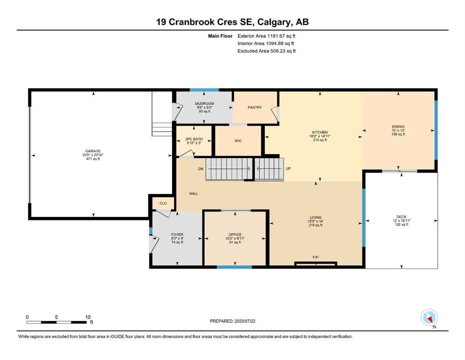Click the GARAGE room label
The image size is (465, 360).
click(x=93, y=151)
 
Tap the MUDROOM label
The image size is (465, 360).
click(x=204, y=103)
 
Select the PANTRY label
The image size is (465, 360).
click(x=255, y=107)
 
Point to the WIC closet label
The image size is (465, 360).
click(x=237, y=141)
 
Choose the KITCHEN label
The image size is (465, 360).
click(x=320, y=132)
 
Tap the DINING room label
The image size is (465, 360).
click(x=398, y=126)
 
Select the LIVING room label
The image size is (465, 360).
click(x=315, y=217)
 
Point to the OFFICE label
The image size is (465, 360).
click(x=235, y=234)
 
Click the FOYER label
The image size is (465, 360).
click(x=177, y=234)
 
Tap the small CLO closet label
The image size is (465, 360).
click(x=163, y=203)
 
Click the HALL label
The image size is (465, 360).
click(x=193, y=193)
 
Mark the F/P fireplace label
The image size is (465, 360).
click(x=316, y=257)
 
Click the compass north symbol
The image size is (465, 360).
click(x=429, y=318)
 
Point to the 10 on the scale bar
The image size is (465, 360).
click(x=88, y=317)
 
